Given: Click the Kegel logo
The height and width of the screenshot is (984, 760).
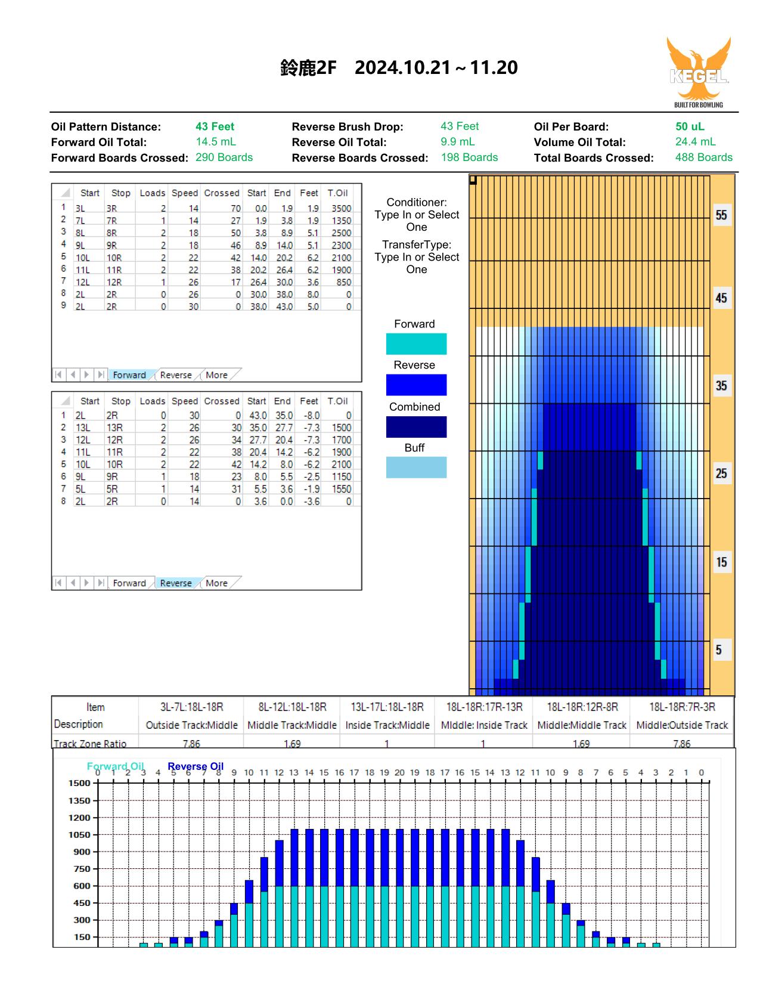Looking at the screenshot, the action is pyautogui.click(x=698, y=72).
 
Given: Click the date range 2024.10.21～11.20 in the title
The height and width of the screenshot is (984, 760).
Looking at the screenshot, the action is pyautogui.click(x=436, y=68).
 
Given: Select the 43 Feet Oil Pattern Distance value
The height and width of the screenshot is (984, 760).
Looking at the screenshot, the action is pyautogui.click(x=215, y=126).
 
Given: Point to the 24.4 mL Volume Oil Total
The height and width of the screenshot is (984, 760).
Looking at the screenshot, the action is pyautogui.click(x=695, y=142).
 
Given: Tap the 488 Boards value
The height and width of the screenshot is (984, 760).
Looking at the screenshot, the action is pyautogui.click(x=703, y=157).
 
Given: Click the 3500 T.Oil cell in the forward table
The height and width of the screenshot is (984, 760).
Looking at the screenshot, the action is pyautogui.click(x=341, y=208).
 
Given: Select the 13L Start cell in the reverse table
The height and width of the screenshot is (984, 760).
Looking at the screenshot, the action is pyautogui.click(x=82, y=428).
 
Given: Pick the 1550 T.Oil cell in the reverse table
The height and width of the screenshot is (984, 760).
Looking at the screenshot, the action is pyautogui.click(x=342, y=488).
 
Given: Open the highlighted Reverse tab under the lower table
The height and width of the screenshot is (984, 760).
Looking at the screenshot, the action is pyautogui.click(x=176, y=583).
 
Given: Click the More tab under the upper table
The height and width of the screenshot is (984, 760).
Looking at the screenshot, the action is pyautogui.click(x=216, y=375).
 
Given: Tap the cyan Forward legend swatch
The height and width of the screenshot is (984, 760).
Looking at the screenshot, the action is pyautogui.click(x=416, y=344).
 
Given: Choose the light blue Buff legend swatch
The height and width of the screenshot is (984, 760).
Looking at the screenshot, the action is pyautogui.click(x=416, y=467).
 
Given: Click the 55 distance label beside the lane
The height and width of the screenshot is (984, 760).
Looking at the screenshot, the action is pyautogui.click(x=721, y=215).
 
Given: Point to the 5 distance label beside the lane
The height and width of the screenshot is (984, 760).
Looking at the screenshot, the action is pyautogui.click(x=718, y=650).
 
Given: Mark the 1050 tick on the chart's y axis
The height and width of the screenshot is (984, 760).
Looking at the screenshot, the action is pyautogui.click(x=79, y=834).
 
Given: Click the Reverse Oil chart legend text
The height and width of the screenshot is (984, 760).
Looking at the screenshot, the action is pyautogui.click(x=196, y=766).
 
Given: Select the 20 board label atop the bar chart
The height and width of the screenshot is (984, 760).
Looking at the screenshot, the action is pyautogui.click(x=399, y=772).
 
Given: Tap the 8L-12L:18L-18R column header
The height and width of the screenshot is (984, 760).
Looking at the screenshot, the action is pyautogui.click(x=292, y=707).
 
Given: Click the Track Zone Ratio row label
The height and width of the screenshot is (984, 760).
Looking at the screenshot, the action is pyautogui.click(x=90, y=744).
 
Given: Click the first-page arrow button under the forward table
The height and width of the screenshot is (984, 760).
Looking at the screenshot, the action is pyautogui.click(x=58, y=375).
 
